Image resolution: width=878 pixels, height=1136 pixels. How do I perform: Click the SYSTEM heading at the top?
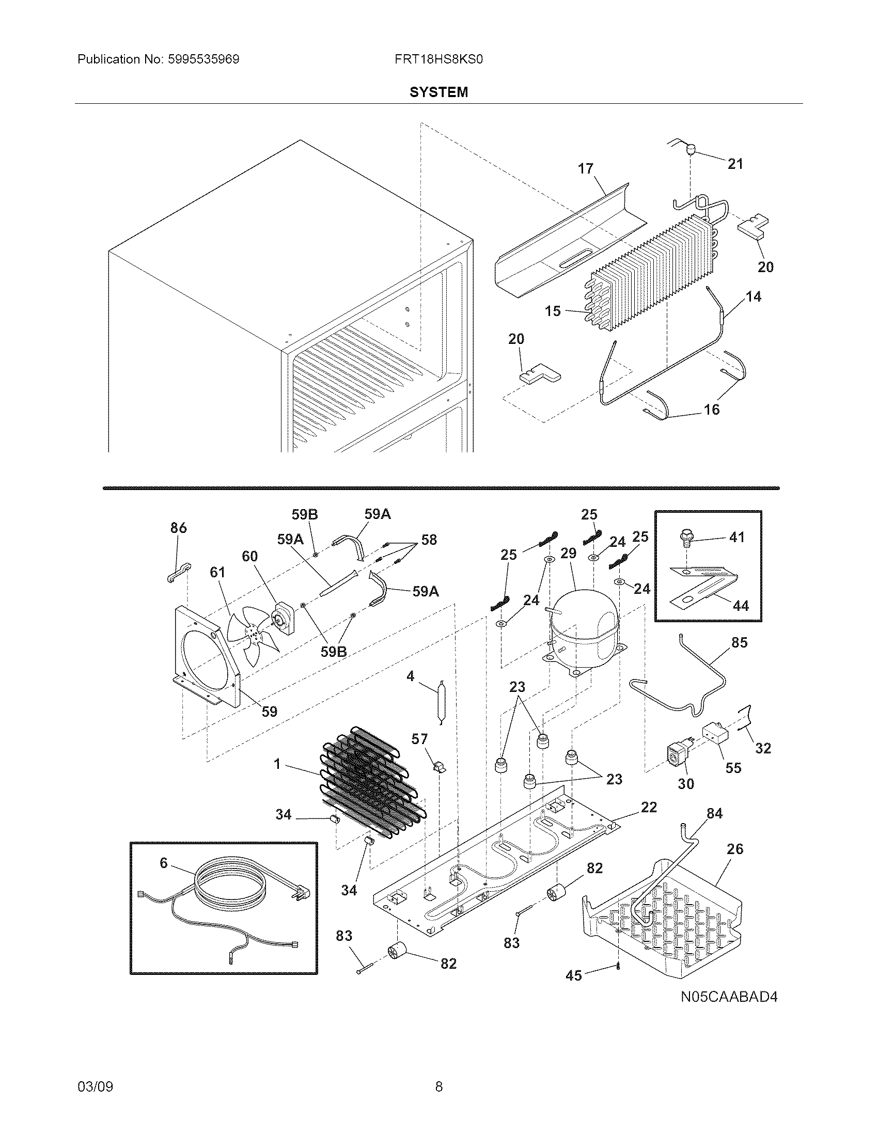coord(438,92)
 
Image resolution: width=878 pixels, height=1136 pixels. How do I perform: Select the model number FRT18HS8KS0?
coord(438,59)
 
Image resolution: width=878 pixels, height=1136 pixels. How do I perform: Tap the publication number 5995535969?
coord(203,59)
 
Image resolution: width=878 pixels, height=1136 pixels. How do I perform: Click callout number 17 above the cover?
coord(586,168)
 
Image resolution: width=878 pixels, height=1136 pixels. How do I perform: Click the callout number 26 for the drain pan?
coord(735,849)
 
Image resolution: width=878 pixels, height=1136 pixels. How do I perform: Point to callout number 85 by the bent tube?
coord(739,642)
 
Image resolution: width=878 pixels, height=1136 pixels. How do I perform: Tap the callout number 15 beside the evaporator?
coord(553,310)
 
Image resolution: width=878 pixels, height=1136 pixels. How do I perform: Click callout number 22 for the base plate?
coord(649,807)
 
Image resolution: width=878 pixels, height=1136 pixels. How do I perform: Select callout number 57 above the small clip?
coord(419,739)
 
